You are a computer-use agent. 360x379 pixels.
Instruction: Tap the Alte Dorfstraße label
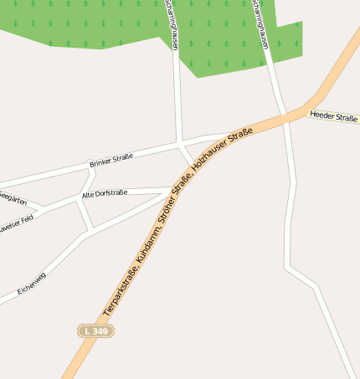(105, 193)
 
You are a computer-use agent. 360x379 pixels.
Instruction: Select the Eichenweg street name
(31, 284)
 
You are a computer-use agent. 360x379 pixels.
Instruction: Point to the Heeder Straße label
(333, 117)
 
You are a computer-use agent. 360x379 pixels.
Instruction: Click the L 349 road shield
(96, 331)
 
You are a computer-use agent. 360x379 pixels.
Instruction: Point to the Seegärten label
(12, 199)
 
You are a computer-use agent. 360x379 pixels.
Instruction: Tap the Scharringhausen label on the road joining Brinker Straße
(172, 25)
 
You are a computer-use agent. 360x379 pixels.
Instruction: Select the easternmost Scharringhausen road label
(260, 25)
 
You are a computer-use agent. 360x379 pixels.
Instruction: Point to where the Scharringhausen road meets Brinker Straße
(180, 141)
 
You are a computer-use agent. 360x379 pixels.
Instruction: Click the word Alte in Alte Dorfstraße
(88, 194)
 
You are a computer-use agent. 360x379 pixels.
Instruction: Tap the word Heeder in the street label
(322, 115)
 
